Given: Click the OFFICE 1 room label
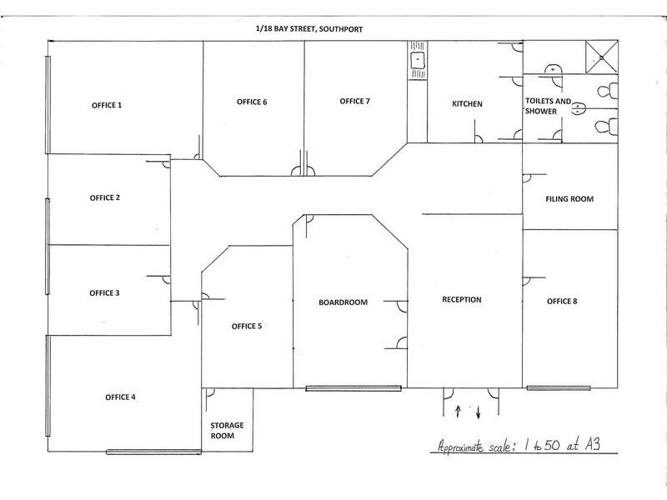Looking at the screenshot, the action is pyautogui.click(x=107, y=105).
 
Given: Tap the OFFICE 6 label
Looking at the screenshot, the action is pyautogui.click(x=252, y=102).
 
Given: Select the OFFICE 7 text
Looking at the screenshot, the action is pyautogui.click(x=355, y=101).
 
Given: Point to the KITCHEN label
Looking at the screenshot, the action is pyautogui.click(x=467, y=103).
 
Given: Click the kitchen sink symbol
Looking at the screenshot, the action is pyautogui.click(x=418, y=60).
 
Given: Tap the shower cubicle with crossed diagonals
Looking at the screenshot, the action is pyautogui.click(x=601, y=57).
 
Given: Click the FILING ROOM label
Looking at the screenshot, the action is pyautogui.click(x=569, y=198).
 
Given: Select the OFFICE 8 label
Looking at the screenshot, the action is pyautogui.click(x=562, y=301).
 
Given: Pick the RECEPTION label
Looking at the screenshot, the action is pyautogui.click(x=462, y=299).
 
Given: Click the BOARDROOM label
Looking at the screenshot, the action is pyautogui.click(x=343, y=302).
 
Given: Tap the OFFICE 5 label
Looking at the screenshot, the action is pyautogui.click(x=247, y=326).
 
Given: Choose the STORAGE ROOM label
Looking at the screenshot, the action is pyautogui.click(x=227, y=430).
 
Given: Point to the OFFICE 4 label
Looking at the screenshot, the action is pyautogui.click(x=120, y=397).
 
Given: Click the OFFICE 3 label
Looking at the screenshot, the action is pyautogui.click(x=105, y=293).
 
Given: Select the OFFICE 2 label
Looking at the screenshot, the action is pyautogui.click(x=105, y=197).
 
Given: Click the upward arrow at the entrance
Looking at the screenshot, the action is pyautogui.click(x=458, y=412).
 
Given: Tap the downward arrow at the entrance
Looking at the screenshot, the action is pyautogui.click(x=478, y=412).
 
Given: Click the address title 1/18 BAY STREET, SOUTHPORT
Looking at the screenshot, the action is pyautogui.click(x=309, y=29).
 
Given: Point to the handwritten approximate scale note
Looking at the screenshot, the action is pyautogui.click(x=519, y=446).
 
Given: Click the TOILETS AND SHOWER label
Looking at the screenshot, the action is pyautogui.click(x=548, y=107).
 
